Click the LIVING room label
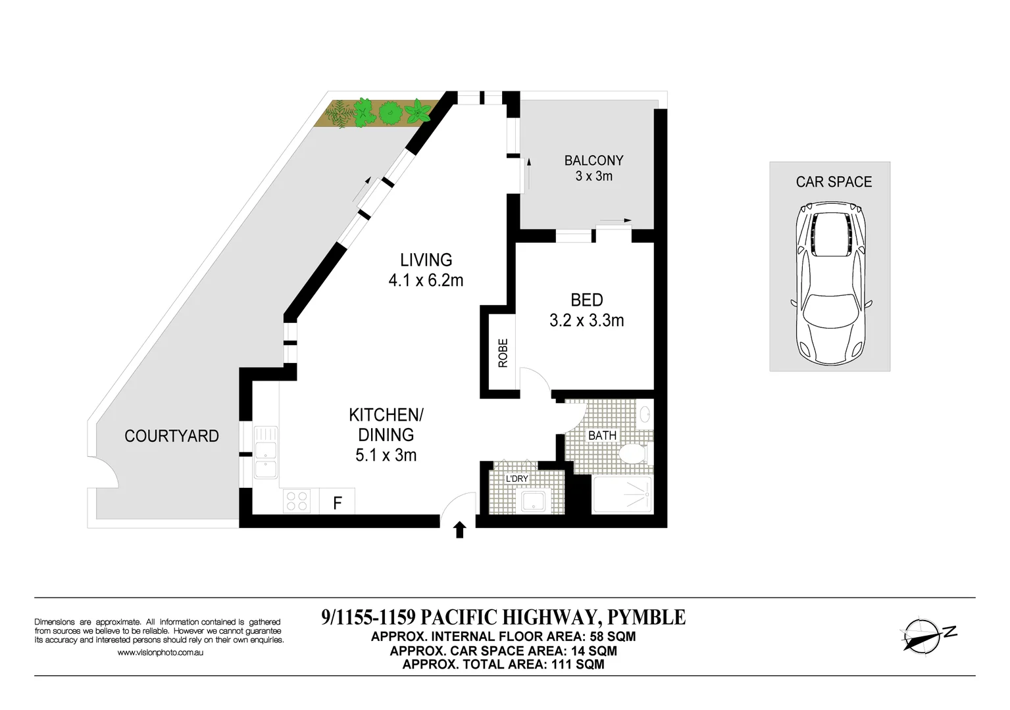426,260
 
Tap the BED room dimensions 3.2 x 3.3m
586,321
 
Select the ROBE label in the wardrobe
503,352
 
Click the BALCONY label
593,160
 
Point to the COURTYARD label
171,436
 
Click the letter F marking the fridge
337,504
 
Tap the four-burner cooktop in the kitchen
297,502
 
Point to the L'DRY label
517,479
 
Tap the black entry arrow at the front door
459,529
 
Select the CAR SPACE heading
833,182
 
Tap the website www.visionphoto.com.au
159,653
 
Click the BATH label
602,435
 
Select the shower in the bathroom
622,494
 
